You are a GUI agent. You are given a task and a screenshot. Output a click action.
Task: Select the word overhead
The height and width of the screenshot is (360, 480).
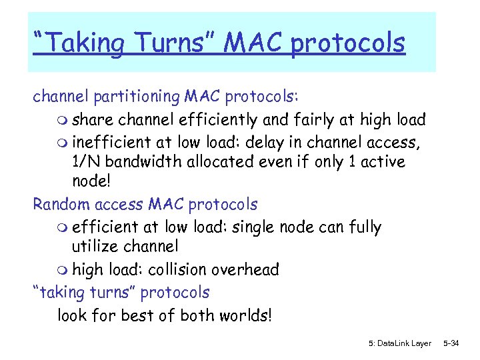click(247, 269)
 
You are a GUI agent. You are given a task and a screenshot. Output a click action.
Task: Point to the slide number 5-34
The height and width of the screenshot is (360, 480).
click(452, 343)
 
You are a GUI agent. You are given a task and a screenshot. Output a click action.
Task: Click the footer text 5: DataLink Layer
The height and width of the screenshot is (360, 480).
click(399, 343)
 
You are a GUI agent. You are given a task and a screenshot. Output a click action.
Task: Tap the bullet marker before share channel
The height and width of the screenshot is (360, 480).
click(63, 121)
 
